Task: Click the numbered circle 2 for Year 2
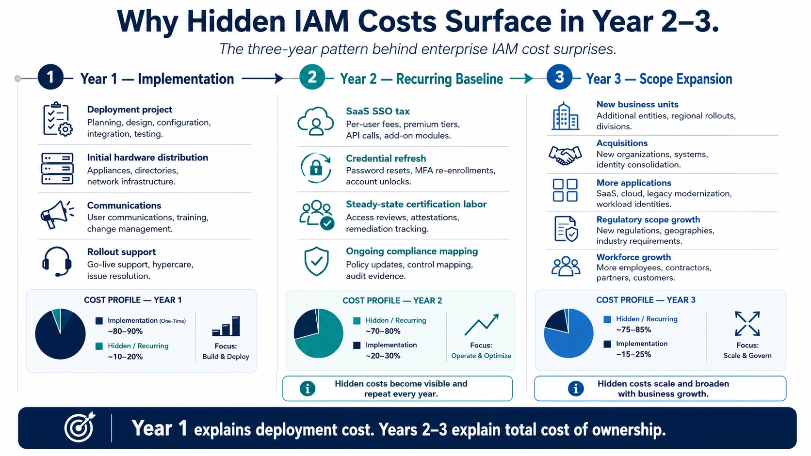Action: click(x=312, y=77)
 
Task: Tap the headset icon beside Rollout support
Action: click(x=57, y=262)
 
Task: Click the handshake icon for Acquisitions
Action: click(x=565, y=155)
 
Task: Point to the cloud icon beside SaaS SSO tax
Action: click(x=316, y=121)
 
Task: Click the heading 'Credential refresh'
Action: click(x=386, y=158)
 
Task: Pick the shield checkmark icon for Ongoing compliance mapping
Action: click(x=316, y=262)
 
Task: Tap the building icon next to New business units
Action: click(x=565, y=116)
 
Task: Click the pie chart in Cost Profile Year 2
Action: click(x=318, y=333)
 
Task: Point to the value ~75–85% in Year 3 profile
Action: click(x=633, y=330)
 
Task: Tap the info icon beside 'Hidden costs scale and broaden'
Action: click(x=576, y=389)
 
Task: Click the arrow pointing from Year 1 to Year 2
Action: click(x=262, y=79)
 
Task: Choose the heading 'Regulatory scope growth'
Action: click(x=648, y=220)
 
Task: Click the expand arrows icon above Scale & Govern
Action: click(x=747, y=323)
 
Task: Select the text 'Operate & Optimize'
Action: click(x=481, y=356)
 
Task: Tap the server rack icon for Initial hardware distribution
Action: click(x=57, y=169)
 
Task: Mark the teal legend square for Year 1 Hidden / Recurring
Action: click(x=99, y=346)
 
